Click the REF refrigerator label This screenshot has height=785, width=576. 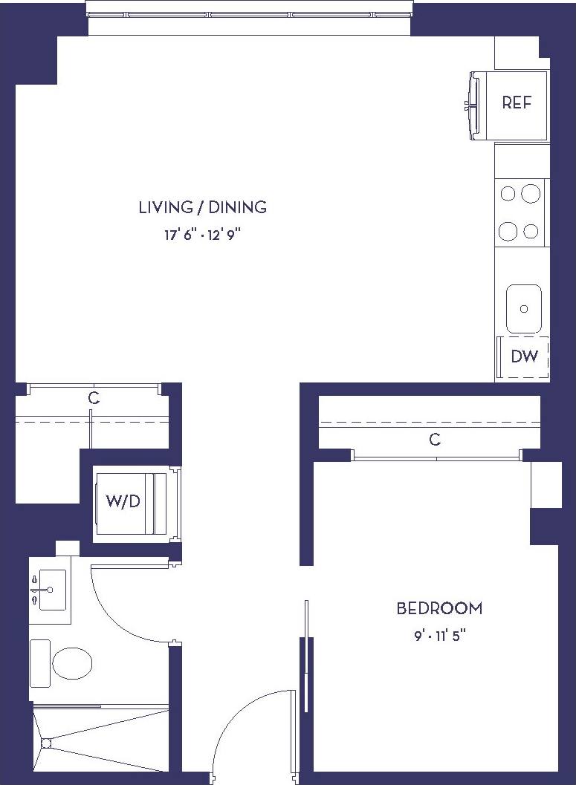[x=517, y=103]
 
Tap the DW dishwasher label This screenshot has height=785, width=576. [x=524, y=356]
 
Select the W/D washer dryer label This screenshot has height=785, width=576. [x=123, y=501]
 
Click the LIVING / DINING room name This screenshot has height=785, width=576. [x=202, y=207]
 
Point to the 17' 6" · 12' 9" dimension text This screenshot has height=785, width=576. [x=202, y=235]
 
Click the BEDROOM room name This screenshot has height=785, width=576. [x=439, y=609]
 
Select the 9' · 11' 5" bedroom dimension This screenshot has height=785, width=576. [x=439, y=636]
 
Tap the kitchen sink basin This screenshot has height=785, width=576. [x=524, y=309]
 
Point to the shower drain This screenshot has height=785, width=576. [x=47, y=742]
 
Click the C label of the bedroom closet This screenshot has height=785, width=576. [x=435, y=440]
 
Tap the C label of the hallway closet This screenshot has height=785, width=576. [x=94, y=399]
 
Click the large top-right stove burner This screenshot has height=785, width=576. [x=530, y=194]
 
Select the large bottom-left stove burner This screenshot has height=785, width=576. [x=508, y=231]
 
